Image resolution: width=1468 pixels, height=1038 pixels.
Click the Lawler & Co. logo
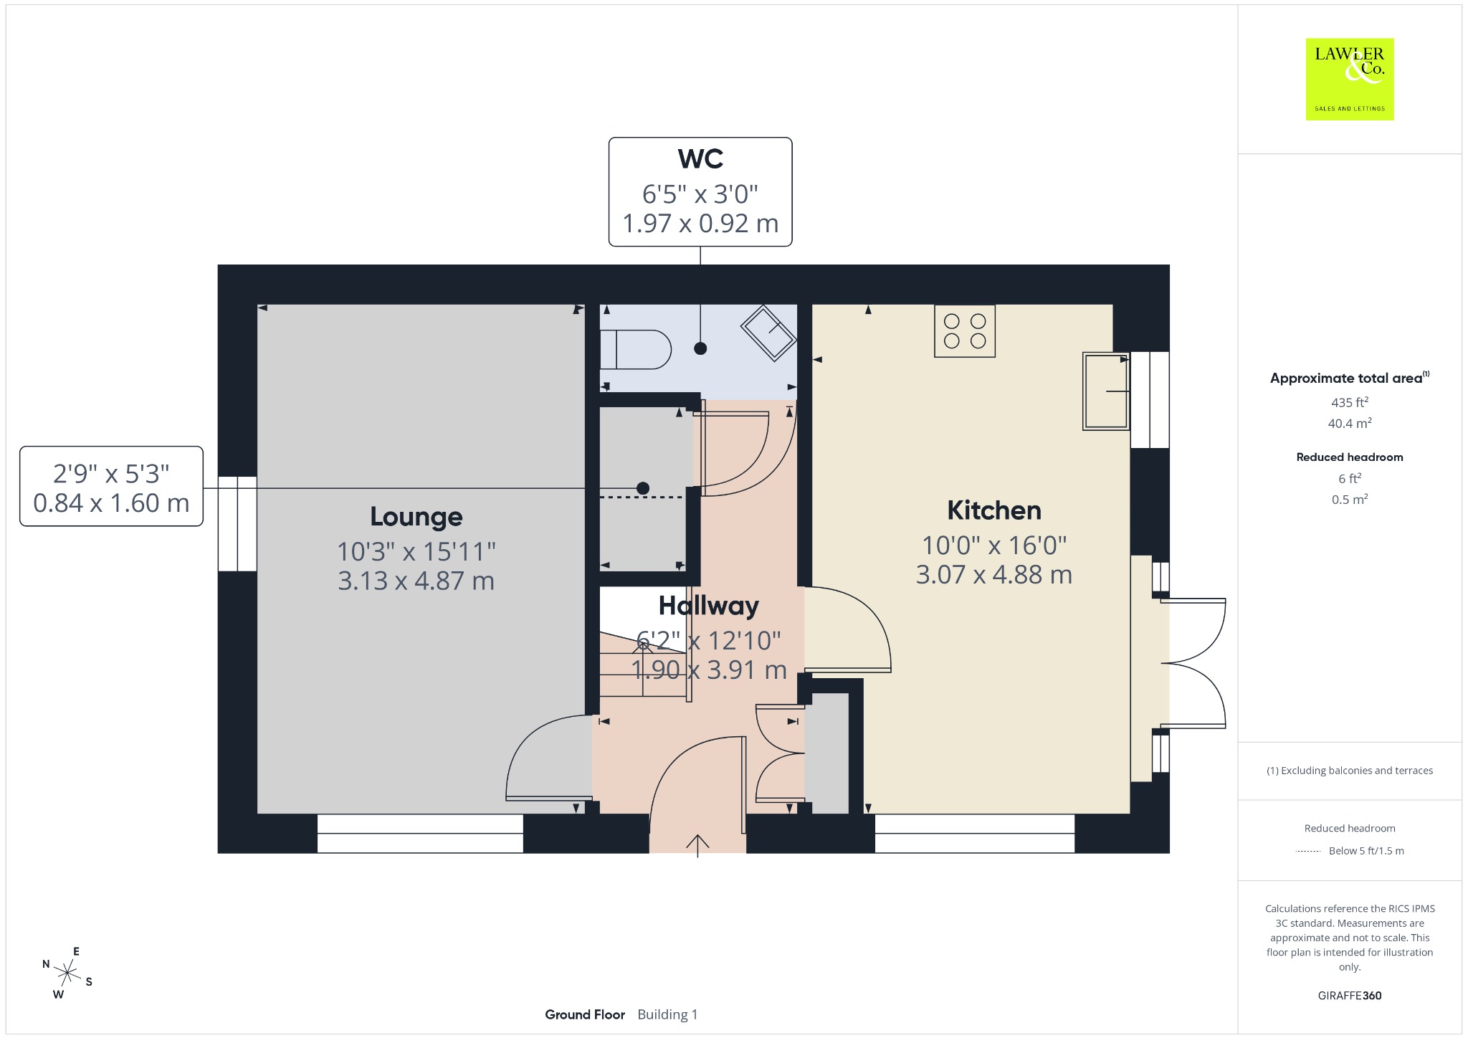click(x=1349, y=79)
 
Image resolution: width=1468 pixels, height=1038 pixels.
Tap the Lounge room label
click(x=416, y=516)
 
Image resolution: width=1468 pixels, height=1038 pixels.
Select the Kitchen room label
click(x=994, y=510)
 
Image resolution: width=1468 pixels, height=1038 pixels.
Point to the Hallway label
click(x=709, y=606)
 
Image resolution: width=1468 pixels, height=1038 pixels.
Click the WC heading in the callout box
click(x=700, y=158)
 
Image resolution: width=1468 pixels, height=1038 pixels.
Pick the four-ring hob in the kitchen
click(x=965, y=331)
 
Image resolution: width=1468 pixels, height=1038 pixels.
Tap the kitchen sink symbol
click(x=1106, y=391)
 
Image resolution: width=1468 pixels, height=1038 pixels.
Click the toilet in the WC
click(x=635, y=349)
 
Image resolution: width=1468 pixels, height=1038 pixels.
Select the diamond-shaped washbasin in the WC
click(x=768, y=333)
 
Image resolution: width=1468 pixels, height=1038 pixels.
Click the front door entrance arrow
click(x=697, y=845)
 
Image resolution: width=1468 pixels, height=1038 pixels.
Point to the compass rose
click(x=67, y=973)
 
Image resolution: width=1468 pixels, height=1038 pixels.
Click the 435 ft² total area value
click(x=1350, y=401)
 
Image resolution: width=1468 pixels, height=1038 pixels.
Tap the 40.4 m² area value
click(x=1350, y=423)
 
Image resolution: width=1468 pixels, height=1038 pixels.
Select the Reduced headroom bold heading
click(x=1350, y=457)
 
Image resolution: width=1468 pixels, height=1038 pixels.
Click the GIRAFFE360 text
click(x=1350, y=995)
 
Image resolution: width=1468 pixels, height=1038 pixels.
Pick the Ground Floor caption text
click(x=585, y=1014)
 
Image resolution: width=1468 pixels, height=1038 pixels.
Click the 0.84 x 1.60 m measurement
click(x=111, y=503)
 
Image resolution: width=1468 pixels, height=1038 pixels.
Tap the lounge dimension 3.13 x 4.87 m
click(x=416, y=581)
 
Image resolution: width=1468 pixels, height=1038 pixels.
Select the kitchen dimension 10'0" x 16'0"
click(x=994, y=546)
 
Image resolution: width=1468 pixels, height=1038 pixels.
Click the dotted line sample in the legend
click(x=1308, y=852)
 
